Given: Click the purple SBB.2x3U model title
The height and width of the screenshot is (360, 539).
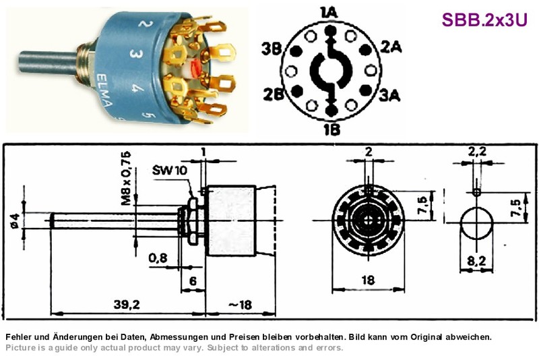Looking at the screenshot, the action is [484, 20].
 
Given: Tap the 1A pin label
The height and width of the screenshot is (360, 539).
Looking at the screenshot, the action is [329, 13].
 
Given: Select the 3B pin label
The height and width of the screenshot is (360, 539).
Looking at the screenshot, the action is [272, 49].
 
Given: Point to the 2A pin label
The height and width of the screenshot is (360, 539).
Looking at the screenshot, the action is [391, 47].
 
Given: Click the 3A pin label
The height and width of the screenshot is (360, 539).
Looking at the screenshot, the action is [390, 95].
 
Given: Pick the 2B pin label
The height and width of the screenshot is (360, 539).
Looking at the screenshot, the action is [274, 94].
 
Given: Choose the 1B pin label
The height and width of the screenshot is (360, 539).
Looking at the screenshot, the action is [331, 129].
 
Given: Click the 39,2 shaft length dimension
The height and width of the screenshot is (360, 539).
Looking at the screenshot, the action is [127, 304].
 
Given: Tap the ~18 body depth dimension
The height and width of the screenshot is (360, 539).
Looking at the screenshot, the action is [241, 305].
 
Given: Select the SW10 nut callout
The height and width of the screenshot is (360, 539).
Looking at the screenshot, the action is [170, 170].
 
